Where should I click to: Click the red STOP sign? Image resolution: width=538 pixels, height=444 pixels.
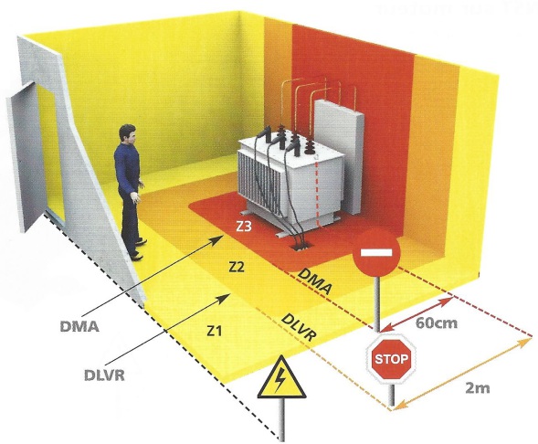tap(392, 359)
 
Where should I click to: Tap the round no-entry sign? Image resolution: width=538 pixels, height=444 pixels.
tap(376, 252)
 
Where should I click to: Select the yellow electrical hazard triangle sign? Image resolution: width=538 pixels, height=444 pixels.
tap(281, 377)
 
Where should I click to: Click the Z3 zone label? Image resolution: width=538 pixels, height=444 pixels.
tap(243, 227)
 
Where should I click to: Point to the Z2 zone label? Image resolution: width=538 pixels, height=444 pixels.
tap(237, 266)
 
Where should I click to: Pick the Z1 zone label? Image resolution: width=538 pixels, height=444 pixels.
tap(214, 331)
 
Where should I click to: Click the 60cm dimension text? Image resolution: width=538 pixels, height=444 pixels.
tap(436, 322)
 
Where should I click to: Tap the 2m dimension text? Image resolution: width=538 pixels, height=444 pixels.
tap(478, 388)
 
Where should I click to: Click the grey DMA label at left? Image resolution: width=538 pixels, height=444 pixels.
tap(79, 326)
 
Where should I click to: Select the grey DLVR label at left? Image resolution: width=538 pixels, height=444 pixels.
tap(104, 375)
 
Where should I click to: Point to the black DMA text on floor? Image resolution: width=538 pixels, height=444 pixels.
tap(315, 281)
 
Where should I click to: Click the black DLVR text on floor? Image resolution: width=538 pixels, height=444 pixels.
tap(298, 327)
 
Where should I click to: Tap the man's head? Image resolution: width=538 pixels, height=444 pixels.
tap(127, 134)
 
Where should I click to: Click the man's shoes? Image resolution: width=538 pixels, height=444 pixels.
tap(139, 249)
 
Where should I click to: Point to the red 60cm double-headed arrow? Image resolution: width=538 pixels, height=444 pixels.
tap(417, 314)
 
